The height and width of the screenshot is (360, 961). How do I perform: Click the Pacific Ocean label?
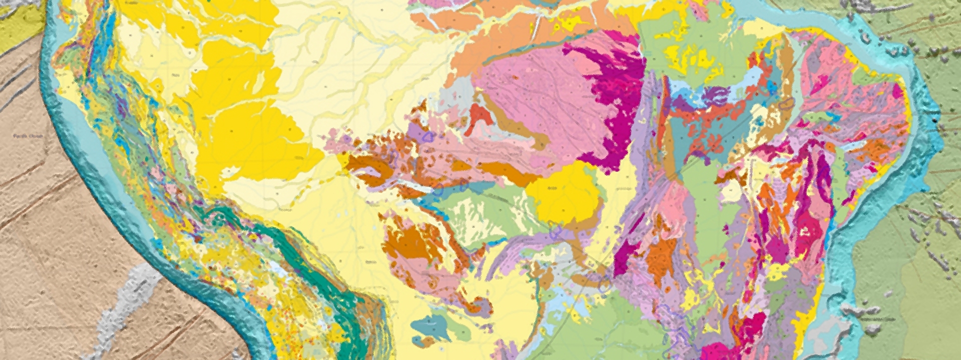pos(28,136)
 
